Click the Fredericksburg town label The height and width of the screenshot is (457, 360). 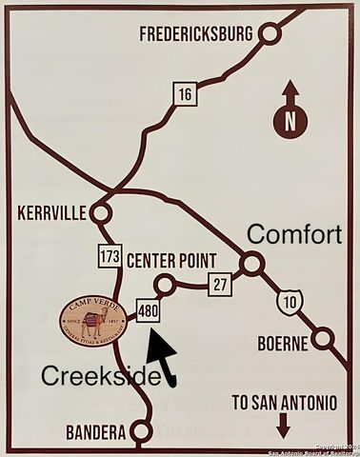[x=195, y=34]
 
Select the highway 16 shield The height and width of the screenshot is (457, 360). [x=184, y=92]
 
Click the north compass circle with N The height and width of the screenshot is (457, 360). [x=290, y=121]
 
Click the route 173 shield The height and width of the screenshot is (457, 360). [x=110, y=254]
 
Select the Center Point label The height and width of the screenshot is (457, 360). [x=171, y=261]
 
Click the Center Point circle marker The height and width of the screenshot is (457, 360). [x=165, y=285]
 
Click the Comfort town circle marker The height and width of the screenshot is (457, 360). [x=251, y=264]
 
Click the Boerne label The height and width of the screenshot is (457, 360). [x=285, y=343]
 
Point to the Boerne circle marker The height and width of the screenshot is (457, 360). [x=326, y=338]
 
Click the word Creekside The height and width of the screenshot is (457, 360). [x=99, y=376]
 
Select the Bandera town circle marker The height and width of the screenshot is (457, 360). [x=141, y=432]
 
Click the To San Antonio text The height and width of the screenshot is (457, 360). [x=285, y=403]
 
